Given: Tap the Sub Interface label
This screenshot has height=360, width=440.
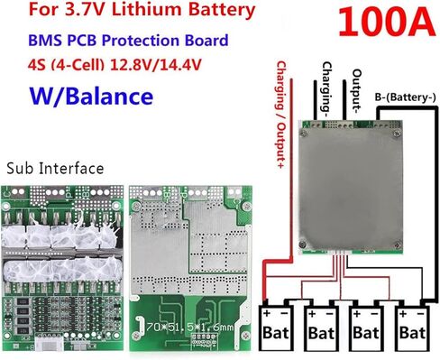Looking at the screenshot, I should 54,168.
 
